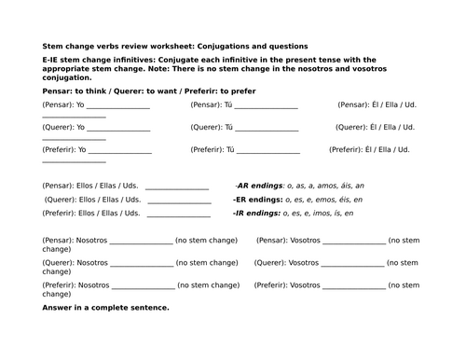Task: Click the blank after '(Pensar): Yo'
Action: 118,108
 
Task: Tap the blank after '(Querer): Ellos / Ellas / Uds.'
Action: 178,201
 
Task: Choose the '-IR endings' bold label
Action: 258,213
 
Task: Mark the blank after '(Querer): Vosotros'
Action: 353,266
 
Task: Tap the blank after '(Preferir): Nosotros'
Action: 143,287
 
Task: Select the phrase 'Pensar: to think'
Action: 70,90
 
